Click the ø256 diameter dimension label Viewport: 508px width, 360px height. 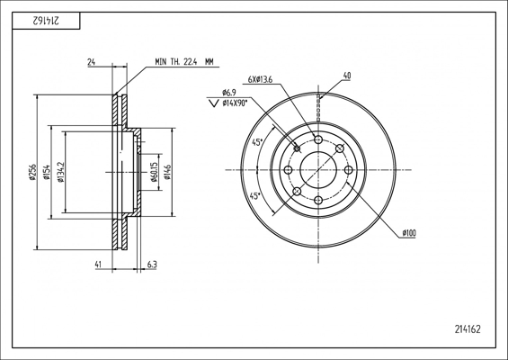tap(32, 172)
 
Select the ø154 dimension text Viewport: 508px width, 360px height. tap(47, 172)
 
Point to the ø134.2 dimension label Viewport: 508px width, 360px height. tap(60, 172)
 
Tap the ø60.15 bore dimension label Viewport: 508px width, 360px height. tap(154, 176)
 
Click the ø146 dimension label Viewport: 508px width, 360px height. tap(167, 172)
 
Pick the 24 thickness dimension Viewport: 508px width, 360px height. tap(92, 62)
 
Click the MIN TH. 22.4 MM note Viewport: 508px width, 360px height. tap(184, 61)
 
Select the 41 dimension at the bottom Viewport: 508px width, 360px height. tap(98, 265)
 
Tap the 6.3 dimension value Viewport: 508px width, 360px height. tap(152, 265)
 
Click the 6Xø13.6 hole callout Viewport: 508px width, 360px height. tap(260, 79)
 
